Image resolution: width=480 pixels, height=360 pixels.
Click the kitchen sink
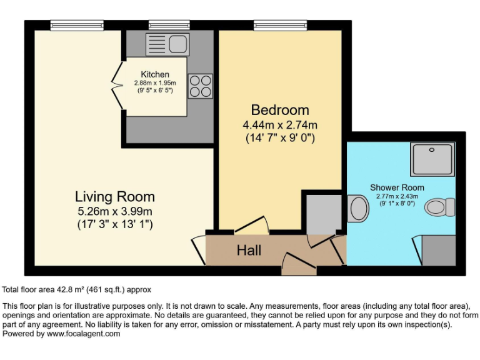(167, 45)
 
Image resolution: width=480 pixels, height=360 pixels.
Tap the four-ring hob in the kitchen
(200, 86)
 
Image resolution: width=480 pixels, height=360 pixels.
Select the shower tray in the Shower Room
(432, 159)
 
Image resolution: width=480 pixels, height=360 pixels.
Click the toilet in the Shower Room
(440, 207)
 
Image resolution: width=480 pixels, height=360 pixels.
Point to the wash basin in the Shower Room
(358, 209)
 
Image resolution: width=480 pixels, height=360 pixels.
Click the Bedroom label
(280, 110)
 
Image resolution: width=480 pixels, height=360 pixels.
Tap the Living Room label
(115, 196)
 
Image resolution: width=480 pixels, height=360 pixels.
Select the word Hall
(249, 251)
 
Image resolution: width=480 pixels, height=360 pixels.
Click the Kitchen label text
(155, 74)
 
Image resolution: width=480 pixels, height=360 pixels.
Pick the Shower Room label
(397, 187)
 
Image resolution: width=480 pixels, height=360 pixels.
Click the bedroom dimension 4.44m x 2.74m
(280, 125)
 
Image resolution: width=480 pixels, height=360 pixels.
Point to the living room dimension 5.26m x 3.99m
(115, 211)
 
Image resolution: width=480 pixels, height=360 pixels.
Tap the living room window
(77, 26)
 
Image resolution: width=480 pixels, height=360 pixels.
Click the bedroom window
(280, 26)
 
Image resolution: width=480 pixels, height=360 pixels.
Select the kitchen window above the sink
(169, 26)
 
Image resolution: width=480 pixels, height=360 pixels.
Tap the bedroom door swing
(252, 225)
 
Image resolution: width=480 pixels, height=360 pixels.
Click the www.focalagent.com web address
(83, 334)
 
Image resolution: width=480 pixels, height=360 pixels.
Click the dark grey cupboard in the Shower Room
(438, 251)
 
